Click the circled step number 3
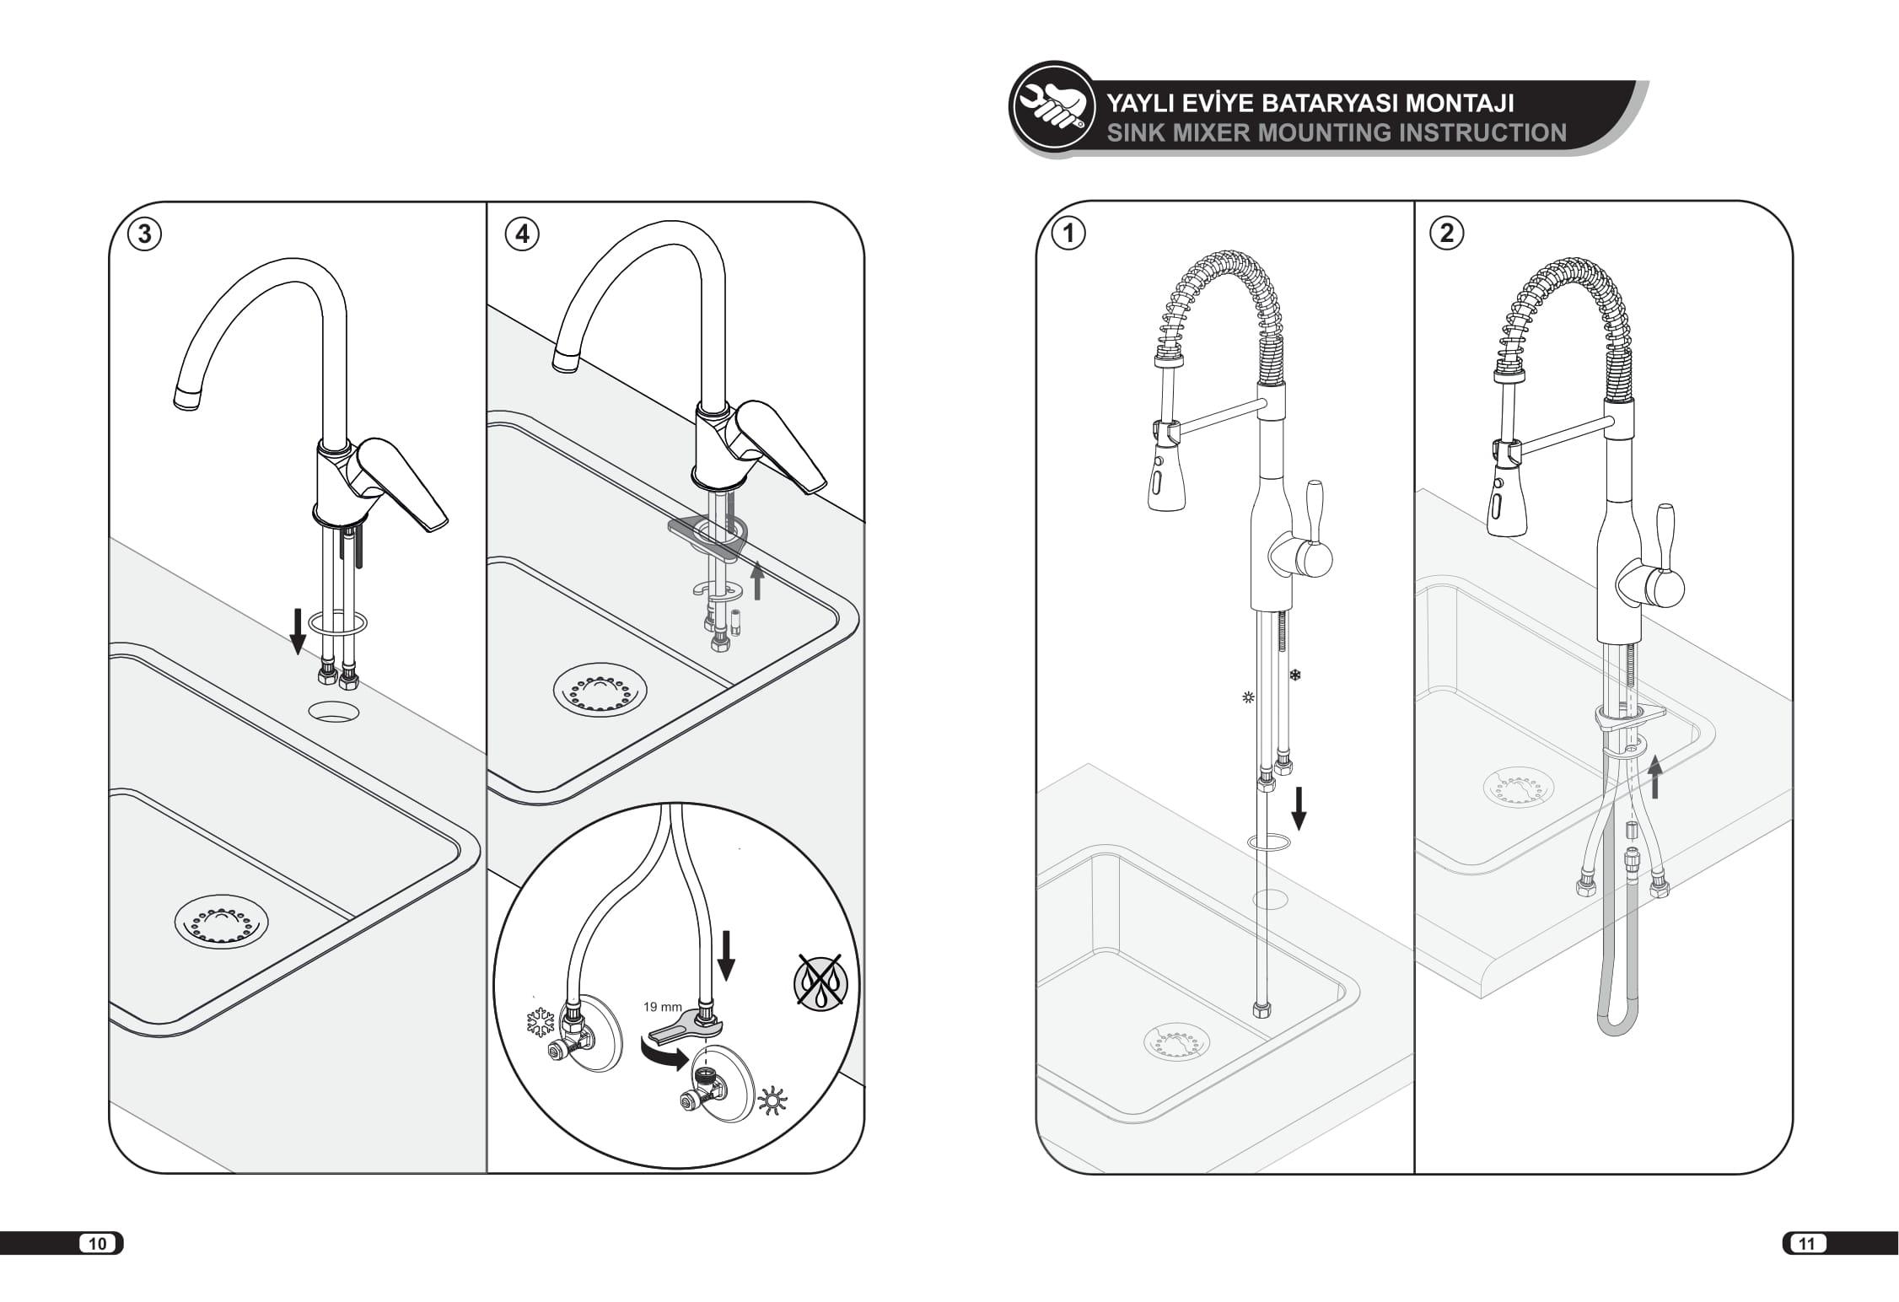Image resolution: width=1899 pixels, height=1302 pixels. click(x=144, y=234)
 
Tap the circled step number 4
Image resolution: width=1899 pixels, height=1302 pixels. click(x=522, y=234)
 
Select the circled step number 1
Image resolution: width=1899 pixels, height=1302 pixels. click(x=1070, y=233)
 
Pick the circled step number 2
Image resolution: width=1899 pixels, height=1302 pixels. click(x=1448, y=233)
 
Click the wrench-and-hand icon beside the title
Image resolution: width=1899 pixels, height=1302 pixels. click(x=1051, y=105)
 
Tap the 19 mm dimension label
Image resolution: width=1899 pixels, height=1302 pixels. click(x=662, y=1007)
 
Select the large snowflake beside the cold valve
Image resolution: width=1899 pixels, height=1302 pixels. click(x=540, y=1022)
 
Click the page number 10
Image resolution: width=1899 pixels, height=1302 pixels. click(x=98, y=1243)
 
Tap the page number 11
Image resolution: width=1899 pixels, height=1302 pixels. click(x=1806, y=1243)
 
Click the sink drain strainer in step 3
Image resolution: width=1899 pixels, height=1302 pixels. click(x=221, y=921)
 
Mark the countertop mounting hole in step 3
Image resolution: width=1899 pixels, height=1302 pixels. click(x=334, y=712)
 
